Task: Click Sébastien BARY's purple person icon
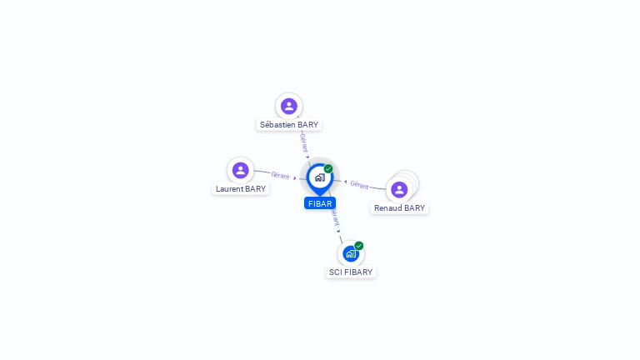click(289, 106)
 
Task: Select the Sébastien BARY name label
click(289, 125)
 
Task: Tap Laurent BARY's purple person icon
click(240, 170)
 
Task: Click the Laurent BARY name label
click(241, 189)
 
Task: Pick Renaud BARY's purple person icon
click(399, 189)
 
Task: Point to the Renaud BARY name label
click(400, 208)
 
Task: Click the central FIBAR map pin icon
click(320, 179)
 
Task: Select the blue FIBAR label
click(320, 203)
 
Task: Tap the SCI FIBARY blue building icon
click(351, 253)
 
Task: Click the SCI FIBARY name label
click(351, 272)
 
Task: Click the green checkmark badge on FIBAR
click(328, 168)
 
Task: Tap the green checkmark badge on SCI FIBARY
click(359, 246)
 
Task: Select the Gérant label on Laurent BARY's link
click(280, 175)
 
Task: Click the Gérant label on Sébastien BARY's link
click(304, 142)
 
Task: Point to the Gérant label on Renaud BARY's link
click(359, 185)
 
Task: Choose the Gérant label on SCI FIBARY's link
click(335, 217)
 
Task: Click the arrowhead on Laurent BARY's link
click(295, 178)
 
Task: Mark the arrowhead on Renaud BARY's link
click(345, 182)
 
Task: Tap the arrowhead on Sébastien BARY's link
click(307, 157)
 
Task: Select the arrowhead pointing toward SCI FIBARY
click(338, 232)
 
